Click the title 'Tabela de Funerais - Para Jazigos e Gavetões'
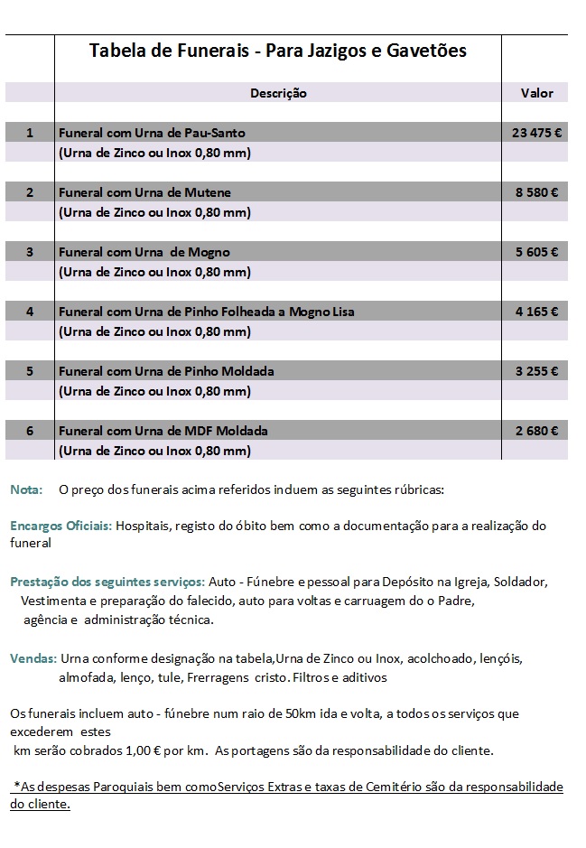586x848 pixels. click(x=278, y=51)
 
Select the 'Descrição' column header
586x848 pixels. click(x=278, y=93)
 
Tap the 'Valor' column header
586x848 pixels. click(x=536, y=93)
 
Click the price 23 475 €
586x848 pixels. click(x=536, y=133)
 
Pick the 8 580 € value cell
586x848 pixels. click(x=536, y=192)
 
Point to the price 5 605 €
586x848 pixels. click(x=536, y=252)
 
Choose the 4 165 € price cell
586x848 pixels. click(x=536, y=312)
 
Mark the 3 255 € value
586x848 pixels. click(x=536, y=371)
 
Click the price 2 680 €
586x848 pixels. click(x=536, y=431)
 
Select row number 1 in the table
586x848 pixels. click(x=30, y=133)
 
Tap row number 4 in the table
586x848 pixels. click(x=30, y=312)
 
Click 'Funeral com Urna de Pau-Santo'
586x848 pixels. click(x=152, y=133)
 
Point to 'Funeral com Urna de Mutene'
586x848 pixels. click(x=144, y=192)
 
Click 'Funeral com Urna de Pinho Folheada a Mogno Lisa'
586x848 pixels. click(x=206, y=312)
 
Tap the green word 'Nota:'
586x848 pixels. click(x=26, y=489)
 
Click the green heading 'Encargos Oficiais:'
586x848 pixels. click(x=60, y=526)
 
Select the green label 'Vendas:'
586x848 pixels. click(x=33, y=658)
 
